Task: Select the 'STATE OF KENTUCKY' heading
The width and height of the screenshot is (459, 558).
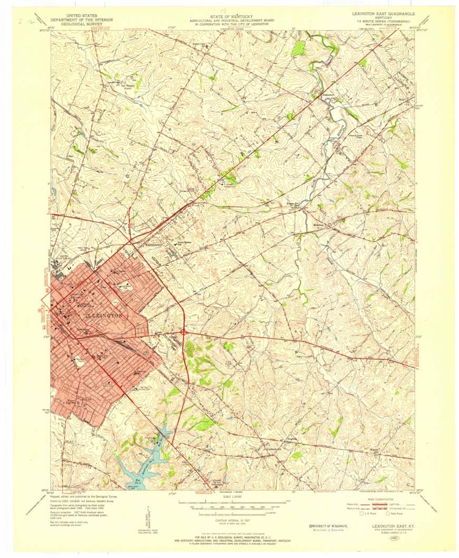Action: click(x=231, y=16)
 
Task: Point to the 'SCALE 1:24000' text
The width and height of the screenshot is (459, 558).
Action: click(x=232, y=497)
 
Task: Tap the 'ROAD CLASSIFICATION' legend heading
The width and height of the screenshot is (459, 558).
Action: click(x=381, y=499)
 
